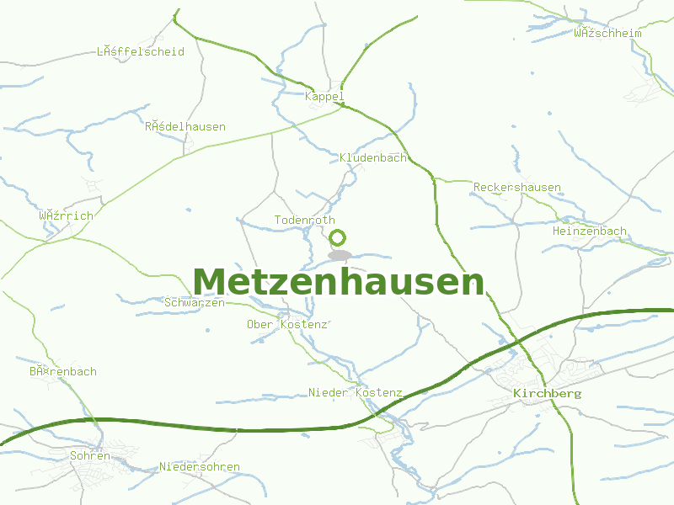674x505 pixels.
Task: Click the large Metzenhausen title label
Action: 339,282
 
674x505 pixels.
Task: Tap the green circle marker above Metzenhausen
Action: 338,237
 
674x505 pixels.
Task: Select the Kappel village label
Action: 324,97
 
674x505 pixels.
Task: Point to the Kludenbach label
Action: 372,158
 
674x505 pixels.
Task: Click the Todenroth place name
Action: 304,221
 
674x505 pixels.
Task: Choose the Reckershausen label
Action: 516,187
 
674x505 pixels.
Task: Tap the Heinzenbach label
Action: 589,231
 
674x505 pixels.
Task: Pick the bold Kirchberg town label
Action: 547,394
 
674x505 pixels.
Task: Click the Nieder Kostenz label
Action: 355,393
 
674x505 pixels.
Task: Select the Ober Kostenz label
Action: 286,325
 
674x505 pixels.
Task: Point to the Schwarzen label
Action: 195,303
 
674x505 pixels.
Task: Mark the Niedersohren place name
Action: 200,467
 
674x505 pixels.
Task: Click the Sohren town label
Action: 90,456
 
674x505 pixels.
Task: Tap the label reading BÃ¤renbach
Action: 63,371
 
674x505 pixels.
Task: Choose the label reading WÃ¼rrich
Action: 66,215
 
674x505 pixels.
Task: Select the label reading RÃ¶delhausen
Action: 185,127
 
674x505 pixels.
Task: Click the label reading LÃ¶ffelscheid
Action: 140,52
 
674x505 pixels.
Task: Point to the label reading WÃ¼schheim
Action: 607,34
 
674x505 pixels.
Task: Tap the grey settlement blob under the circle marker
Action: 340,254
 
